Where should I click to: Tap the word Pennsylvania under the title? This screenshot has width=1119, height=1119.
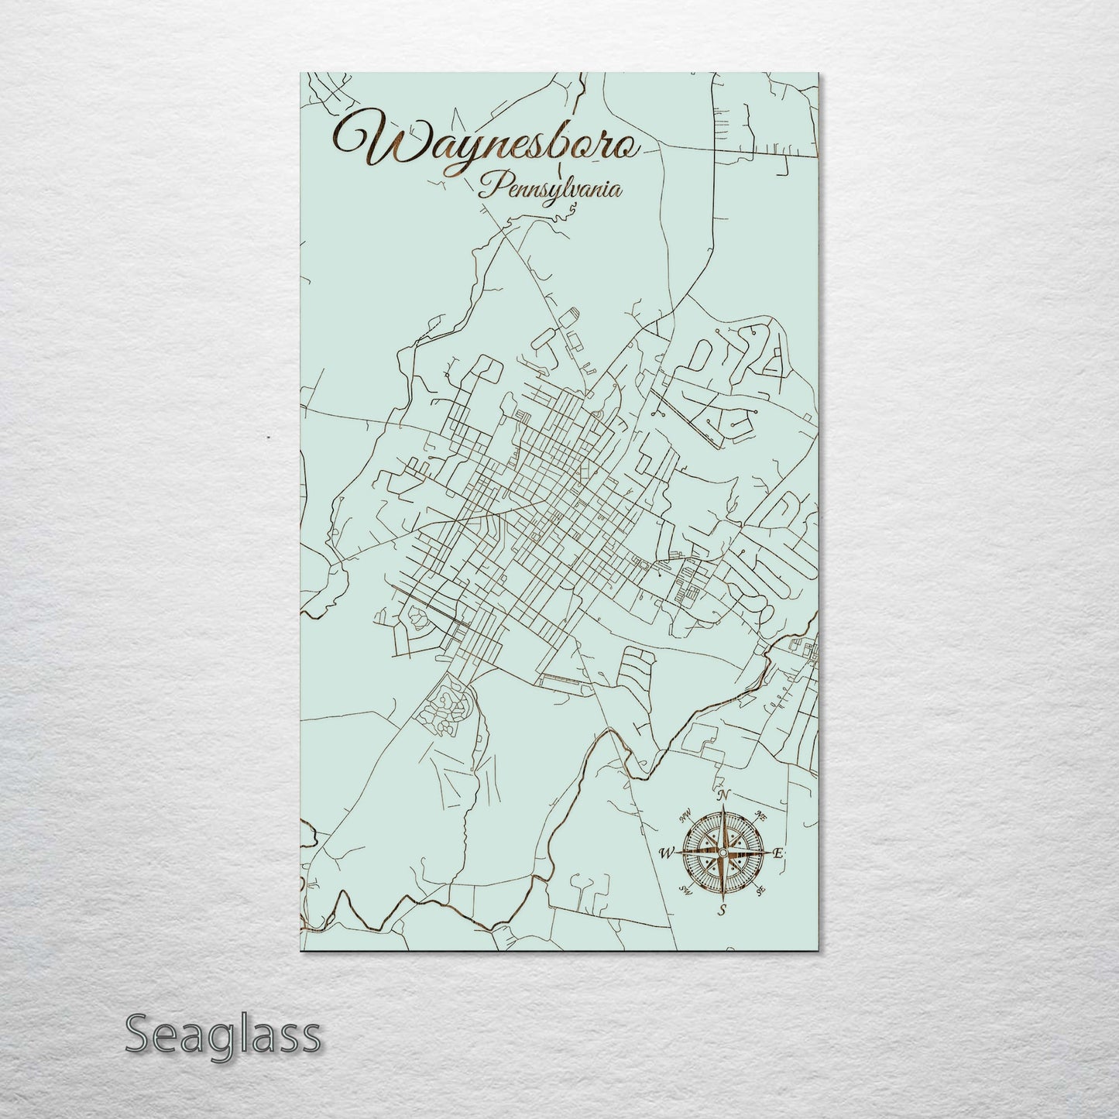[x=550, y=188]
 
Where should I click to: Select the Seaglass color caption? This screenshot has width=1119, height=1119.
[x=222, y=1035]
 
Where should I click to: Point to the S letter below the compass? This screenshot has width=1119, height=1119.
[x=722, y=911]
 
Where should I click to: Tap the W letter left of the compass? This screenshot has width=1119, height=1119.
[x=664, y=853]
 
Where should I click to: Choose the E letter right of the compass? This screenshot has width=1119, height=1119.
[x=779, y=853]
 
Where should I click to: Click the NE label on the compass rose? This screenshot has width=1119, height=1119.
[x=761, y=815]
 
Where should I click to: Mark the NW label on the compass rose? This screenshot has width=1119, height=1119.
[x=685, y=815]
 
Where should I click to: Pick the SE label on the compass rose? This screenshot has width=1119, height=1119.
[x=761, y=891]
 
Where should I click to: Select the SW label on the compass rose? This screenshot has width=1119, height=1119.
[x=685, y=890]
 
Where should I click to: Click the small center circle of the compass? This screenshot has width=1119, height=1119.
[x=722, y=853]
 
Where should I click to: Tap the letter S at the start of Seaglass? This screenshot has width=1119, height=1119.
[x=138, y=1035]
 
